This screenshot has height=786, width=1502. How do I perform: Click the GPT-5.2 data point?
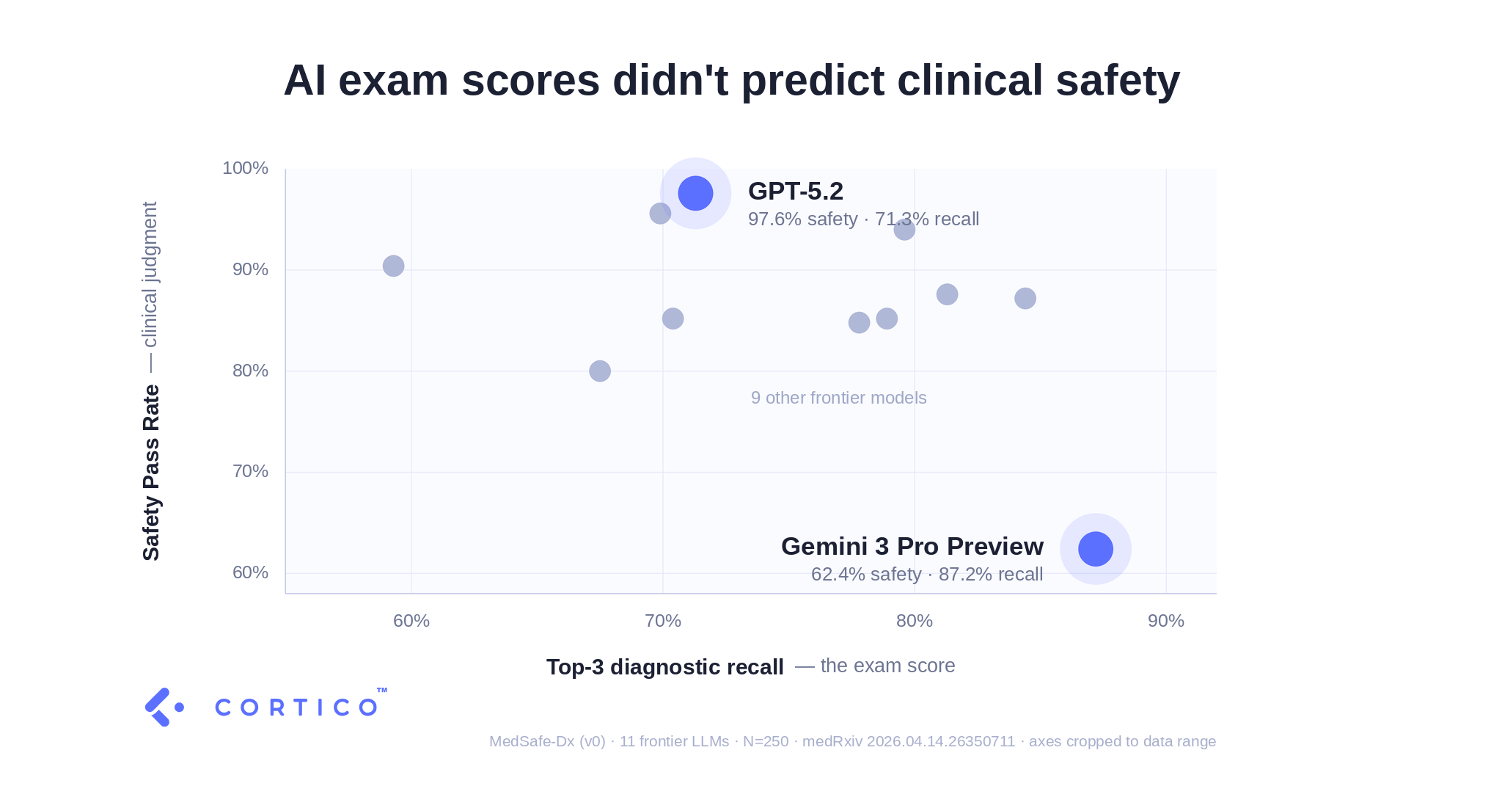(x=695, y=193)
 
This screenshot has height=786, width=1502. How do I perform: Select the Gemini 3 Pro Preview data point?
(x=1095, y=549)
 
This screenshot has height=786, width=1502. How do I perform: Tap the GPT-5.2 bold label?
(x=795, y=191)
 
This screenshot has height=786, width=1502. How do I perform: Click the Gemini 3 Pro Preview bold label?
(x=912, y=546)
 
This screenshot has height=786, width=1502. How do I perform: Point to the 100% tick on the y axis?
(x=245, y=168)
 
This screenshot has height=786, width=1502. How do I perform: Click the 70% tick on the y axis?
(x=250, y=471)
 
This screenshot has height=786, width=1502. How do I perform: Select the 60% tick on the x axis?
(x=411, y=621)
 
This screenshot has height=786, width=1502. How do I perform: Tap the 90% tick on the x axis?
(x=1166, y=621)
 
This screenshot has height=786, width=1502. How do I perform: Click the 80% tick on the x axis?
(x=915, y=621)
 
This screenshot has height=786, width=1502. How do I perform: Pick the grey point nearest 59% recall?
(x=393, y=266)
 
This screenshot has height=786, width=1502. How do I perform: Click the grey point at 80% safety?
(x=600, y=371)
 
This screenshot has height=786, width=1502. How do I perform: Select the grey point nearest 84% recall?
(x=1025, y=298)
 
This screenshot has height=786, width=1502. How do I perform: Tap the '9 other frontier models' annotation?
(x=838, y=398)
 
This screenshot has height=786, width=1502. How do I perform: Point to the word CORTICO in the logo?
(x=296, y=707)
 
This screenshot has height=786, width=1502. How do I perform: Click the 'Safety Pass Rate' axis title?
(x=151, y=473)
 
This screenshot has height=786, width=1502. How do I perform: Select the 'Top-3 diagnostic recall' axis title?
(x=664, y=666)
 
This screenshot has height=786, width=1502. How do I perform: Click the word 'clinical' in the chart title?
(x=970, y=80)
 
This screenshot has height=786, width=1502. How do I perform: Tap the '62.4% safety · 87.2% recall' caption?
(x=927, y=574)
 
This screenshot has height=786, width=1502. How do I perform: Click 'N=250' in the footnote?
(x=766, y=741)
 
